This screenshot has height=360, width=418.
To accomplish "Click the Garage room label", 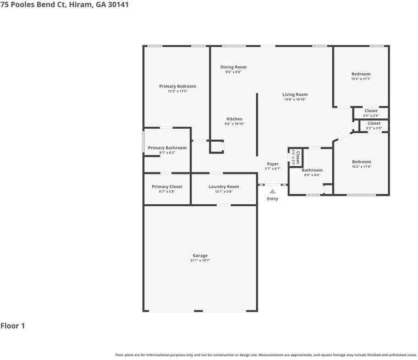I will pyautogui.click(x=200, y=255).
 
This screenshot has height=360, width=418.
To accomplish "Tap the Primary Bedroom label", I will pyautogui.click(x=178, y=86).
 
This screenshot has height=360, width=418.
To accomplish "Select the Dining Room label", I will pyautogui.click(x=233, y=67).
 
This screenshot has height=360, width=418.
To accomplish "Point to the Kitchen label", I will pyautogui.click(x=234, y=119).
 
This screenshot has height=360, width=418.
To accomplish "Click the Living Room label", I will pyautogui.click(x=295, y=95).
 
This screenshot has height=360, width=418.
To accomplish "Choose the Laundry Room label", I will pyautogui.click(x=224, y=187).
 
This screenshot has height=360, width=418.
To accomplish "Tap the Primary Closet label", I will pyautogui.click(x=167, y=187).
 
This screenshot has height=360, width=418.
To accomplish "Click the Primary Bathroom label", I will pyautogui.click(x=167, y=148).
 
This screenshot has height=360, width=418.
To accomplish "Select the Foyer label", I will pyautogui.click(x=273, y=164).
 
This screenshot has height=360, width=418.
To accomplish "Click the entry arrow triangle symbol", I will pyautogui.click(x=272, y=192).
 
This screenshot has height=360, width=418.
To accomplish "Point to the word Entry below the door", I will pyautogui.click(x=272, y=199).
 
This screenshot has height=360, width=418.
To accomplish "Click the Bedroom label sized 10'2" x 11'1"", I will pyautogui.click(x=361, y=74).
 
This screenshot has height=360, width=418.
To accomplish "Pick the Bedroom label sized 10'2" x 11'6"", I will pyautogui.click(x=361, y=162).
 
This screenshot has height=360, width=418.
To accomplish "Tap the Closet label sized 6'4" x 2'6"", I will pyautogui.click(x=371, y=111).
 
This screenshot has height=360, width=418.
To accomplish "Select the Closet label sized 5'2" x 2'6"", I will pyautogui.click(x=374, y=123).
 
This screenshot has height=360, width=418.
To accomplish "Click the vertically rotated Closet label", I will pyautogui.click(x=298, y=157).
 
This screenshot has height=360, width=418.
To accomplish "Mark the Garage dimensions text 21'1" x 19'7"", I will pyautogui.click(x=200, y=260).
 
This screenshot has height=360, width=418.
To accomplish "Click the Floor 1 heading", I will pyautogui.click(x=13, y=326).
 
